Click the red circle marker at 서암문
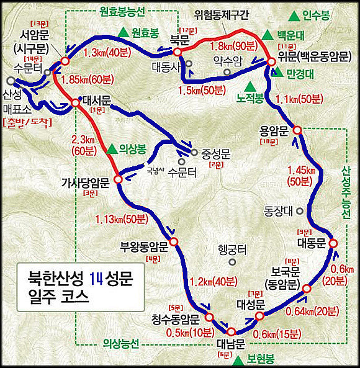[65, 61]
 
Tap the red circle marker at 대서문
[76, 103]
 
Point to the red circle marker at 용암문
[297, 130]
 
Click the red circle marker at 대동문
[333, 243]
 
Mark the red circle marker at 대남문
[233, 332]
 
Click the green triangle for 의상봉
[112, 149]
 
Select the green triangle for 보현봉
[239, 360]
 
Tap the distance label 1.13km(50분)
[122, 218]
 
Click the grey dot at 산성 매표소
[11, 81]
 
